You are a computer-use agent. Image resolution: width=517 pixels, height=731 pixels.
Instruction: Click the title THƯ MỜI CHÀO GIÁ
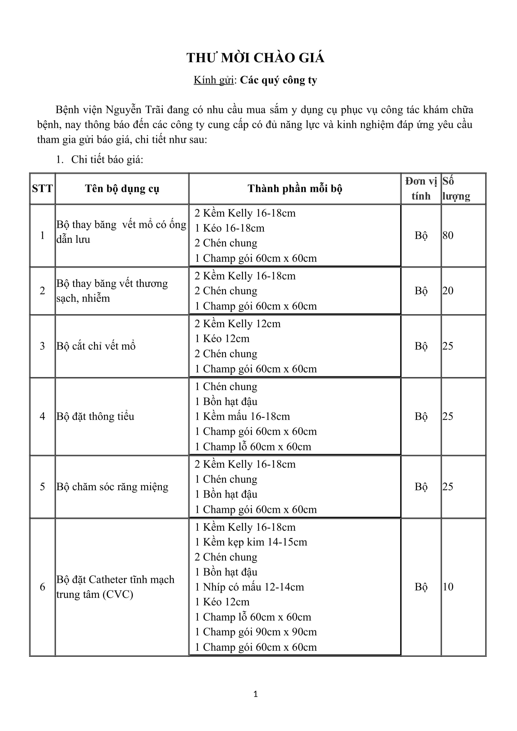[255, 58]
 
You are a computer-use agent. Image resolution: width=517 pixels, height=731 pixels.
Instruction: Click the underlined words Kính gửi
[213, 80]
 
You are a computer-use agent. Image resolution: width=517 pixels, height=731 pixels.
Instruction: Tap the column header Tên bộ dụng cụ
[122, 189]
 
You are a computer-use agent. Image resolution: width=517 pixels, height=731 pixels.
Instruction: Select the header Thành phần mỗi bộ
[295, 189]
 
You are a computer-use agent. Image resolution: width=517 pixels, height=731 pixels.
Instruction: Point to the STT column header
[42, 189]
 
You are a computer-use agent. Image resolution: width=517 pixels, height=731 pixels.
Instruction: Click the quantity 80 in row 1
[448, 236]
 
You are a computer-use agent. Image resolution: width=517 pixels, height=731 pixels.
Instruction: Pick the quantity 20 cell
[448, 291]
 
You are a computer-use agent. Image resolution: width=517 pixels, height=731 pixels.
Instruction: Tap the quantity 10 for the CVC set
[448, 587]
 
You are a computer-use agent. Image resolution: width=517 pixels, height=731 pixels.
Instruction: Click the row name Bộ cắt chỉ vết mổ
[96, 346]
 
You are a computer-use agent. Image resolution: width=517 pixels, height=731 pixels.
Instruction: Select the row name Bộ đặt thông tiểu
[96, 416]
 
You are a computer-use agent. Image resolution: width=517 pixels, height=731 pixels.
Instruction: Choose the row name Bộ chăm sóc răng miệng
[113, 487]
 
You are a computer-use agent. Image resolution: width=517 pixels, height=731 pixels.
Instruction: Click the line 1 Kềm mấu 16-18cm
[242, 416]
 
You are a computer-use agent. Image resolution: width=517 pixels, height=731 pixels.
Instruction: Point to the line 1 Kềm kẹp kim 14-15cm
[251, 542]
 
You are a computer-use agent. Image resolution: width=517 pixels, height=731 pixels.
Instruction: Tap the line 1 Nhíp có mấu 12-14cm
[249, 587]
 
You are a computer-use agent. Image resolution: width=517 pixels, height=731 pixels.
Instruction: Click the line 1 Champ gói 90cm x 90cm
[256, 632]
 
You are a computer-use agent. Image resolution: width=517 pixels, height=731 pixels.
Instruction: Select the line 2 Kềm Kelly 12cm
[238, 324]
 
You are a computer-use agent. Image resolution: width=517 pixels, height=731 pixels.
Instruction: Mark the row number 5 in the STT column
[42, 487]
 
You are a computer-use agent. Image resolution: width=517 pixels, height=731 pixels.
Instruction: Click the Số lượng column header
[456, 189]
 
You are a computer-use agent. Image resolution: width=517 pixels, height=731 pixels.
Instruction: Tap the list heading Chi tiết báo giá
[107, 159]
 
